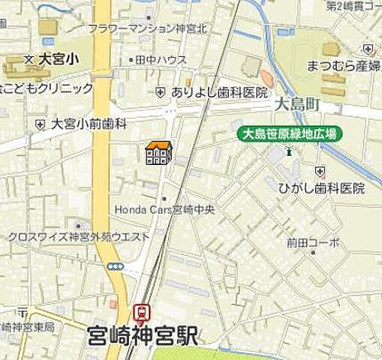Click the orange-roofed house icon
158,153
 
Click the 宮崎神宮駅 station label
143,335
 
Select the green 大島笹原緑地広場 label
289,135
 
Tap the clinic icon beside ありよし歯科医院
161,92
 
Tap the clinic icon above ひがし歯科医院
321,171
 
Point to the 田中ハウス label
161,59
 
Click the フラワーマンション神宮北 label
147,28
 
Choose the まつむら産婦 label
343,66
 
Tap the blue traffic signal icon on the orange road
114,265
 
